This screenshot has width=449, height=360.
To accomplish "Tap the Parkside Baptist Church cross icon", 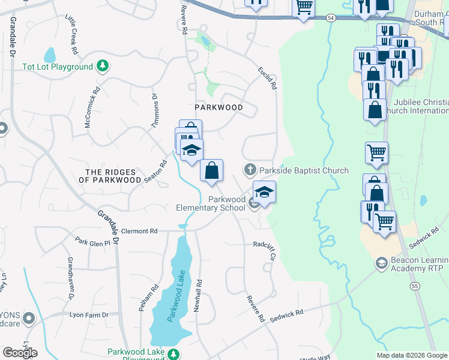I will point(250,170).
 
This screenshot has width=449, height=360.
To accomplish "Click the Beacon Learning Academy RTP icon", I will point(381,263).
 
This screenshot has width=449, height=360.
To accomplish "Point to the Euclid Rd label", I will point(268,77).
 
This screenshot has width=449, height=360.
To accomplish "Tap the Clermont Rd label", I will point(139,230).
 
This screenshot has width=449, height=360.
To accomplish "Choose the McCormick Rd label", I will point(92,109).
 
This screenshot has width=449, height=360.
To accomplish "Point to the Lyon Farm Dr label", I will point(89,314).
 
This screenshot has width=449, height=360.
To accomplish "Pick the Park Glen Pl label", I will point(93,242).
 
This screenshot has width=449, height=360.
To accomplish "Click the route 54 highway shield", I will point(331,19).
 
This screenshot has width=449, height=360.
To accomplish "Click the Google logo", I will point(20,353).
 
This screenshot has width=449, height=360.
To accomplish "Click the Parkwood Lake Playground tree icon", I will point(173,354).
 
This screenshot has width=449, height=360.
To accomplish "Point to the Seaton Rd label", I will point(154,172).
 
